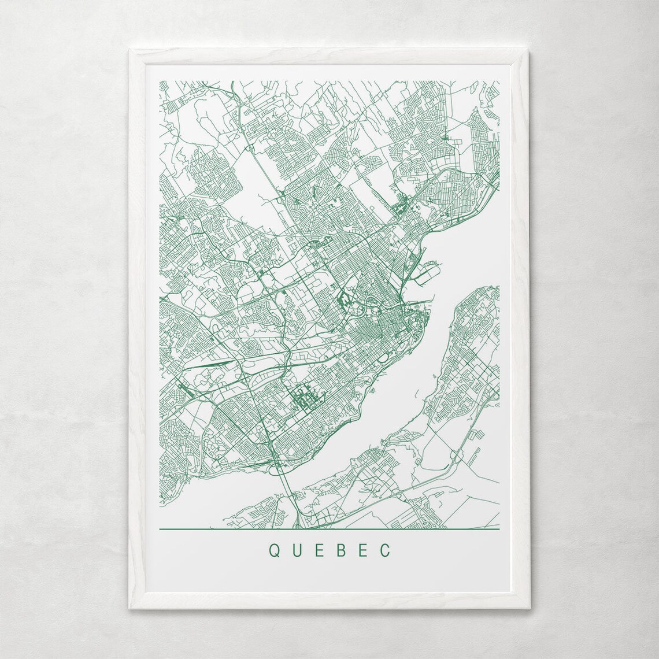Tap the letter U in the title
click(295, 550)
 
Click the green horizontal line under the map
click(328, 529)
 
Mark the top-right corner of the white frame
click(530, 51)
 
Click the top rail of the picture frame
click(329, 55)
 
